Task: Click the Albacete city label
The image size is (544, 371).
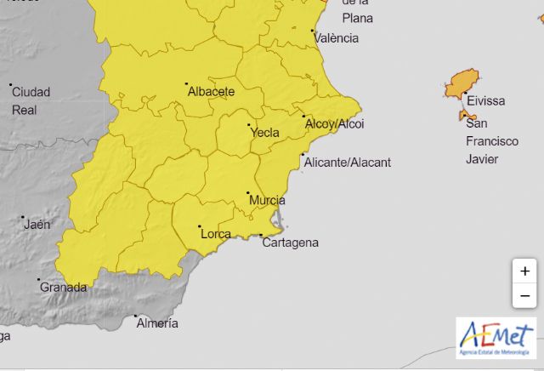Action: pos(211,91)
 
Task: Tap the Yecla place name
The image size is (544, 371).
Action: pos(265,133)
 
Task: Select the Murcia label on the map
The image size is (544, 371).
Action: pos(267,200)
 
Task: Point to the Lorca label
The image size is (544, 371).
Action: pos(214,232)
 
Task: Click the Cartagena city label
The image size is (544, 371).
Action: pos(291,243)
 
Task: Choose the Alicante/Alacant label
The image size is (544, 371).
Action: pos(347,163)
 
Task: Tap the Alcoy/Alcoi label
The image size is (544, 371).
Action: pos(334,124)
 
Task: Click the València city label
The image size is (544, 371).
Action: pos(336,38)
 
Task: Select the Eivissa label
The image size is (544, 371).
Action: pos(485,101)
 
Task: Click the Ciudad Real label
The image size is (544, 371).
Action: pos(31,100)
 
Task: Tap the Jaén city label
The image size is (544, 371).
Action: pos(37,225)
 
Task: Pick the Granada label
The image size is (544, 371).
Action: pos(64,288)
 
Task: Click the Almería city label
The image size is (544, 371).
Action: pos(157,323)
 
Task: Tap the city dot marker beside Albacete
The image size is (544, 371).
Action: pos(186,83)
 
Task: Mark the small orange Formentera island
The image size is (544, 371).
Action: pos(467,115)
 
